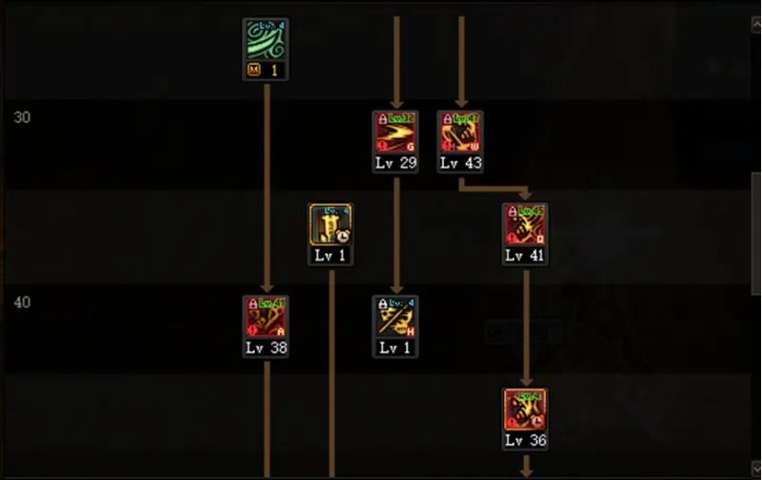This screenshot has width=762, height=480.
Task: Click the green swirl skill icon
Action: pos(265,40)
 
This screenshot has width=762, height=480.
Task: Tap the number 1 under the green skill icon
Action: pos(272,71)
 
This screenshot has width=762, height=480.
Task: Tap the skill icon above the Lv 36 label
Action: pos(525,409)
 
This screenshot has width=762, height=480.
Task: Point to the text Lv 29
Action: pos(395,163)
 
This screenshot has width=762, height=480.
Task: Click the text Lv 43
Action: pos(460,163)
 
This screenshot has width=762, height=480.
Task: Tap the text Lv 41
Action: pos(525,256)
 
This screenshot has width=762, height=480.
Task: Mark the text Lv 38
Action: pos(265,348)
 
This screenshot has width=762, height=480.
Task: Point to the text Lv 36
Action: pos(525,441)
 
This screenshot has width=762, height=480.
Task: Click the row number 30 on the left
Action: pos(22,117)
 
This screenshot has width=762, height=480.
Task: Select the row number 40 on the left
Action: pos(22,303)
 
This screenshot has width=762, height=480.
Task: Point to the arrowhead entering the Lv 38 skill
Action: pos(266,288)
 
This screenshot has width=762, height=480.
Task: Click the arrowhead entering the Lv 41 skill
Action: pos(525,196)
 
